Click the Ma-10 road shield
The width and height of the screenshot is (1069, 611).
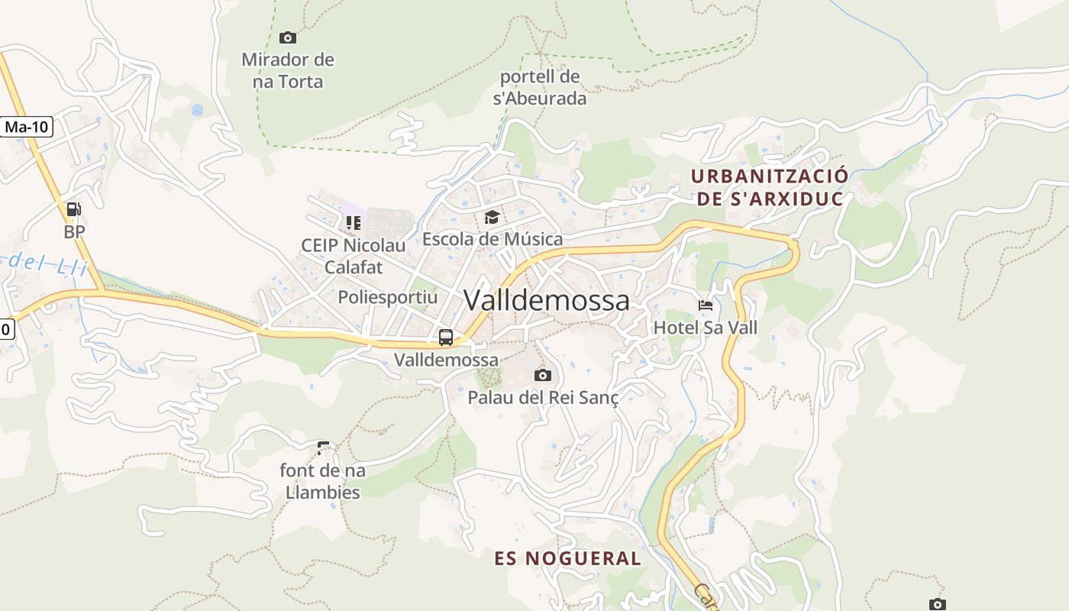27,127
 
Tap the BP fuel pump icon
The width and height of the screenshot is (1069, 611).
73,209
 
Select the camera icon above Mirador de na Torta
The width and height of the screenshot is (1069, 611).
288,37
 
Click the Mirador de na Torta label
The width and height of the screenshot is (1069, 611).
288,70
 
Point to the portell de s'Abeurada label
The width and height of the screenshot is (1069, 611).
540,87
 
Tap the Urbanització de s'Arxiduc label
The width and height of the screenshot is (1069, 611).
769,187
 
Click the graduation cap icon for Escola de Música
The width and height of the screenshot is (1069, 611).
493,218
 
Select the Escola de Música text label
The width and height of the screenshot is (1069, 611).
493,239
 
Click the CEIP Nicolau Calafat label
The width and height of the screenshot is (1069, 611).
353,256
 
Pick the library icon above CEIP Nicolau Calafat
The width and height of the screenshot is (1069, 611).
353,223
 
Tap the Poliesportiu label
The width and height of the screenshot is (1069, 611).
388,297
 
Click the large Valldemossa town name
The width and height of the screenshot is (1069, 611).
547,300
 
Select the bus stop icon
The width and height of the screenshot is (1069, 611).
446,337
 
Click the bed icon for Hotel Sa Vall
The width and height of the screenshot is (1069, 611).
706,305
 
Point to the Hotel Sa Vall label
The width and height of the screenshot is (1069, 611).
706,328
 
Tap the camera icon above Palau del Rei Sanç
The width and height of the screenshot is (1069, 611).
543,375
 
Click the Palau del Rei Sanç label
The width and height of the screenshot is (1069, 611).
543,397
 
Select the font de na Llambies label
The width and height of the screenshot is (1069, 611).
322,481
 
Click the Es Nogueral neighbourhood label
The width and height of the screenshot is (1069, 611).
567,558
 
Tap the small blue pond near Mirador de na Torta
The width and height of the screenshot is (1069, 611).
197,110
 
